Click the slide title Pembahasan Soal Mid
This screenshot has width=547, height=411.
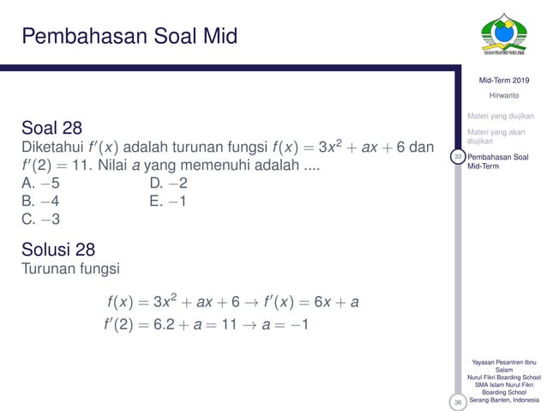click(129, 36)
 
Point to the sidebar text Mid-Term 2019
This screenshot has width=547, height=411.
click(505, 80)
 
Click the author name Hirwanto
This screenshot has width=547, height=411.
click(504, 95)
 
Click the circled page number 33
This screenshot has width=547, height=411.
click(459, 157)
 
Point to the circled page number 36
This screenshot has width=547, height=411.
click(459, 401)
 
